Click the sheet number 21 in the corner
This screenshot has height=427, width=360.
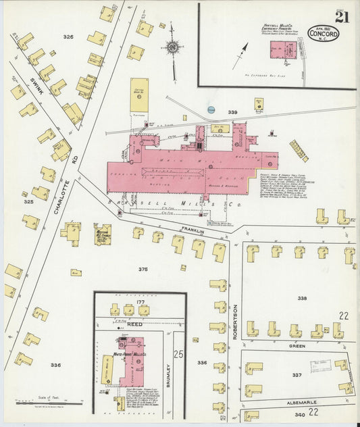tap(342, 16)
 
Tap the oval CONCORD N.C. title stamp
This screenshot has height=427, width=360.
tap(324, 33)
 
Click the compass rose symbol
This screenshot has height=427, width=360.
tap(174, 47)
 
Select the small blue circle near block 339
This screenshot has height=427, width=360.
tap(211, 109)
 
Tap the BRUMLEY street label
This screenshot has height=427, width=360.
tap(168, 375)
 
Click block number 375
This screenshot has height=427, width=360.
tap(143, 269)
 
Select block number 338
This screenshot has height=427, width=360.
tap(302, 298)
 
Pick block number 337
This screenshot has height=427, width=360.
tap(297, 374)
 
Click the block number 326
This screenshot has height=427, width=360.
tap(68, 35)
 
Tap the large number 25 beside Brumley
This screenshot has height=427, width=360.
tap(178, 354)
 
